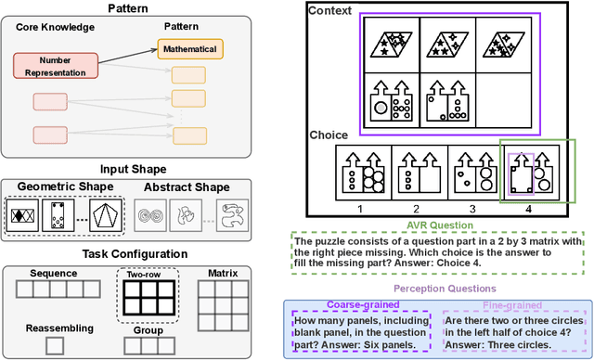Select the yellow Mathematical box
(x=189, y=48)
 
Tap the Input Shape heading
(x=137, y=169)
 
